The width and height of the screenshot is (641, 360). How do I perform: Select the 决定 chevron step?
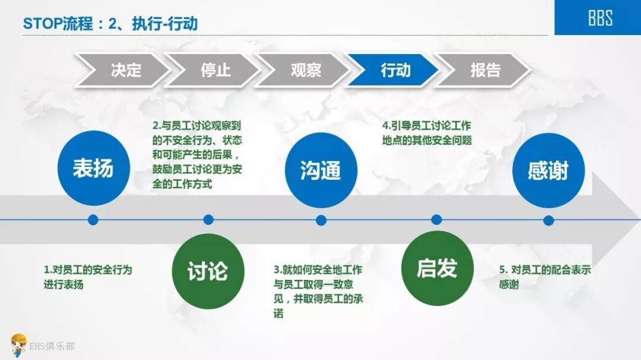[123, 70]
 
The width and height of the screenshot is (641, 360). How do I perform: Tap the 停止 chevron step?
[214, 70]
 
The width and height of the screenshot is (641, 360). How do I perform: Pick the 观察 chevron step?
[304, 70]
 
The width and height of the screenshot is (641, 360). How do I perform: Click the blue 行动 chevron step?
[394, 70]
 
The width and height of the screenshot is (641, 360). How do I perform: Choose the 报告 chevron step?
[484, 70]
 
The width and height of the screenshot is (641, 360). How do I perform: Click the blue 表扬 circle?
[93, 168]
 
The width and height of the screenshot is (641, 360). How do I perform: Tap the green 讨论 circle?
[207, 271]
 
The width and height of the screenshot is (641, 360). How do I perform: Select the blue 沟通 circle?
[320, 170]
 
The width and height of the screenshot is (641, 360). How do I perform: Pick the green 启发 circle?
[437, 268]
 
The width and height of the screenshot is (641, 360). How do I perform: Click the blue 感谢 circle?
[548, 171]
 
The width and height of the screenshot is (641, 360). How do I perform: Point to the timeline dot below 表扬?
[93, 220]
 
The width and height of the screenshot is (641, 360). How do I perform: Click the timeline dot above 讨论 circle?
[208, 220]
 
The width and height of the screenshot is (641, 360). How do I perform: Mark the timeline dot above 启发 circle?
[436, 220]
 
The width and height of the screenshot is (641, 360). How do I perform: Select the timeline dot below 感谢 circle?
[548, 221]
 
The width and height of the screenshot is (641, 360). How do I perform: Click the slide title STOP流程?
[110, 24]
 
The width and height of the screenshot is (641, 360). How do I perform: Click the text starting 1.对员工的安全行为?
[88, 277]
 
